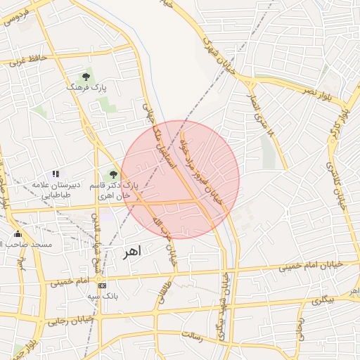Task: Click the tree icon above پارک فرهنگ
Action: pyautogui.click(x=86, y=75)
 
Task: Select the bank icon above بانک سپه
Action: pyautogui.click(x=102, y=286)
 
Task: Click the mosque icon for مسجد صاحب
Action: pyautogui.click(x=18, y=234)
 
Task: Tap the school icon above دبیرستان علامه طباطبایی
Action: pyautogui.click(x=56, y=174)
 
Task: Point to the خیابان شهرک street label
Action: pyautogui.click(x=217, y=53)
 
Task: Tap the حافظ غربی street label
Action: pyautogui.click(x=28, y=59)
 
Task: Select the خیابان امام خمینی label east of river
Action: pyautogui.click(x=311, y=266)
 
